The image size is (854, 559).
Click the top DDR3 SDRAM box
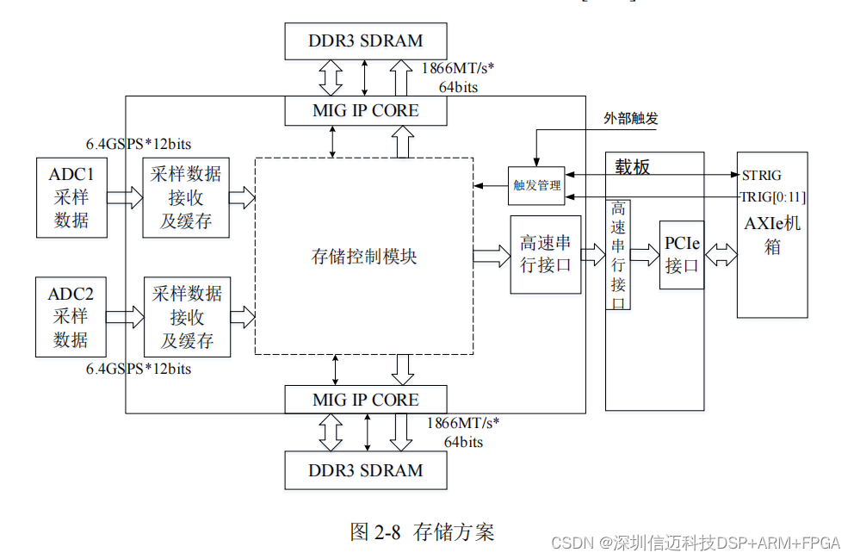click(x=366, y=40)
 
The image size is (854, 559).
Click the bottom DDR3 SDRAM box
click(x=366, y=470)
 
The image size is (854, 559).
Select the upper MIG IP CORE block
click(x=366, y=111)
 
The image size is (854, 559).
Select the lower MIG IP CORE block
click(x=366, y=400)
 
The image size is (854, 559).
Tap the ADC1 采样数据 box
click(x=71, y=197)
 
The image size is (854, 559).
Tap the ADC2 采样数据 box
click(x=71, y=317)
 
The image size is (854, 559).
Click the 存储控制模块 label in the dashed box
click(x=364, y=256)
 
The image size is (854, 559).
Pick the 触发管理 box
click(x=536, y=185)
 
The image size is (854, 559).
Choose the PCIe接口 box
click(x=682, y=256)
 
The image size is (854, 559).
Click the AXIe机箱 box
click(x=772, y=235)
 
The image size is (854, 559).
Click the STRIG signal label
click(x=762, y=176)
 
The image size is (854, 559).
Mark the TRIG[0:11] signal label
click(x=773, y=197)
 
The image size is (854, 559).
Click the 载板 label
click(x=633, y=167)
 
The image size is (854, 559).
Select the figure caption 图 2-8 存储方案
click(x=422, y=531)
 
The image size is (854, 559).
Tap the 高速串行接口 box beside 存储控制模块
click(x=545, y=255)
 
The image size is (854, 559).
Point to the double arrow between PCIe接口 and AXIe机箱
click(x=721, y=255)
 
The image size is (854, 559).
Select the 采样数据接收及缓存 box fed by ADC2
click(x=187, y=317)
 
